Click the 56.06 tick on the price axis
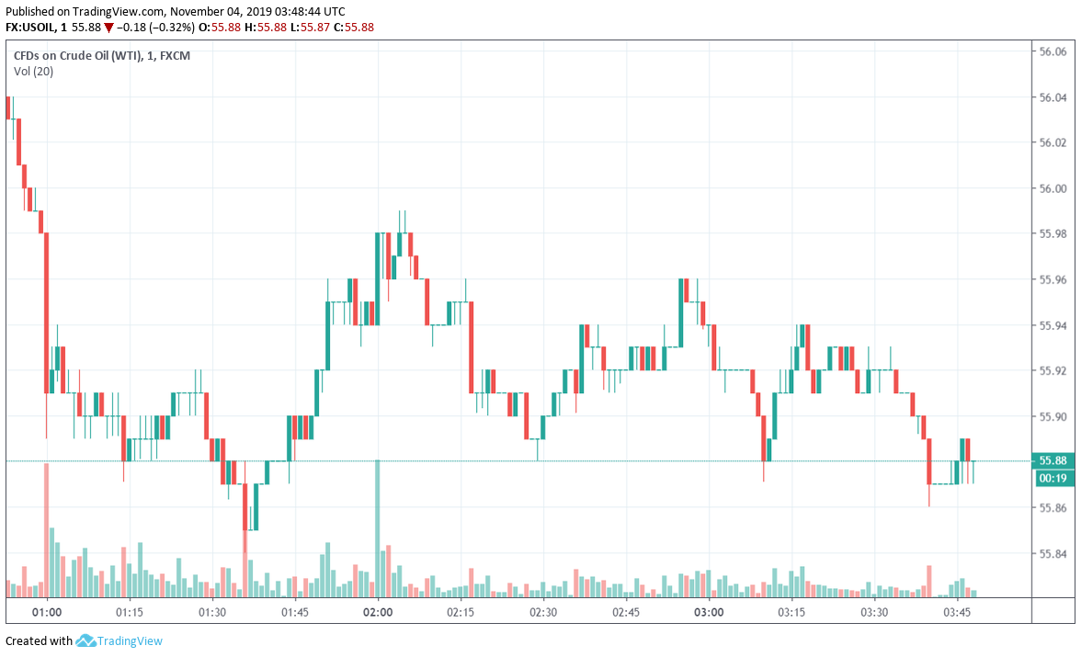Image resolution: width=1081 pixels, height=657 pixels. (x=1052, y=51)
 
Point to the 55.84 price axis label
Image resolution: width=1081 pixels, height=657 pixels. (x=1052, y=553)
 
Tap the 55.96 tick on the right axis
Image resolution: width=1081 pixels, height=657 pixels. (x=1052, y=279)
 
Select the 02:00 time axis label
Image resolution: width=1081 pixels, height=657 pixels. (x=378, y=612)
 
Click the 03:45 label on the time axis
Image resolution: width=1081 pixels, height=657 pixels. (x=957, y=612)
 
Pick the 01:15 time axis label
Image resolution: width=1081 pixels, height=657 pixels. (x=130, y=612)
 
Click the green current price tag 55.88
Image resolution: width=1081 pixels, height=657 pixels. (x=1053, y=460)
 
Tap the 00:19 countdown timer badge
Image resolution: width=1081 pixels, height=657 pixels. (x=1053, y=478)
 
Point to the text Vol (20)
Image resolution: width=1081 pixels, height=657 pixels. (x=33, y=72)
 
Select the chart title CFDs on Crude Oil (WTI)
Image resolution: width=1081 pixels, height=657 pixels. (x=77, y=56)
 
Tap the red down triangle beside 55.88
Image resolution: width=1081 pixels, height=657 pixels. (x=108, y=28)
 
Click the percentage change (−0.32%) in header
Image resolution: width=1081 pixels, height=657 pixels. (x=173, y=28)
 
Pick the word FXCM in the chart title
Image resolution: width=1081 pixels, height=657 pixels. (x=175, y=56)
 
